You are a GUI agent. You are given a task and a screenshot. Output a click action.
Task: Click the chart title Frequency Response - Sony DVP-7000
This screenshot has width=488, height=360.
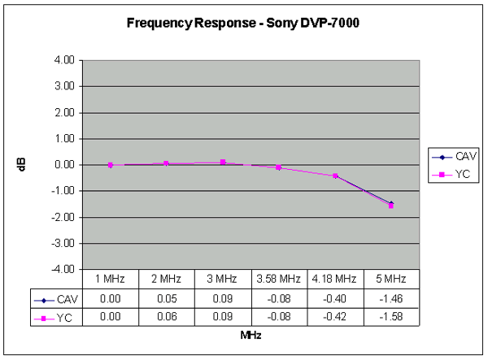[243, 24]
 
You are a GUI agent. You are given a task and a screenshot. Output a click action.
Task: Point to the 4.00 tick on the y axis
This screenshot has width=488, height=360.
[68, 60]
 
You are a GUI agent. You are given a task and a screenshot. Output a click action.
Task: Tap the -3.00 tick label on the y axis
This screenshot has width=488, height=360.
[66, 243]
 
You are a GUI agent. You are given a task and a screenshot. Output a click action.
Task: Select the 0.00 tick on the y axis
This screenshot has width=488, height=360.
[68, 165]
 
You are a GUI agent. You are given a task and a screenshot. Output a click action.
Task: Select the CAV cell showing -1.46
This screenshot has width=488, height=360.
[391, 298]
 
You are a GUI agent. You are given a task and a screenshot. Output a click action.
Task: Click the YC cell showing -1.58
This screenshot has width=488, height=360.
[391, 316]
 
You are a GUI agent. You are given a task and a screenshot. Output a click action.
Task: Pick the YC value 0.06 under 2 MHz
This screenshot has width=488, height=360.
[166, 316]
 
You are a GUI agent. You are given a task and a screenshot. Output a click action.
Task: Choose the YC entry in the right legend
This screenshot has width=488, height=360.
[457, 173]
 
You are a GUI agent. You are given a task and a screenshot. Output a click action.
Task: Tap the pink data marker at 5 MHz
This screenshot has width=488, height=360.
[391, 206]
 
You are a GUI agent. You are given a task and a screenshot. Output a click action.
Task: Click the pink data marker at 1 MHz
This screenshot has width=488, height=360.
[111, 165]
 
